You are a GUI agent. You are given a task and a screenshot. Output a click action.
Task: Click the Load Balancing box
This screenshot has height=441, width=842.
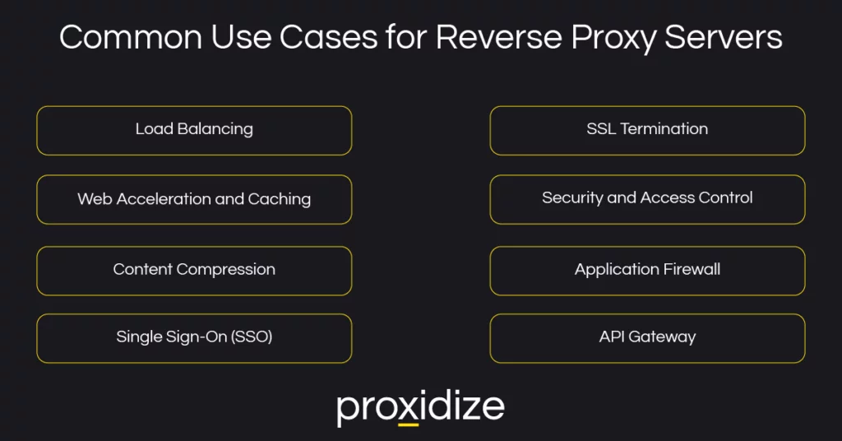(194, 130)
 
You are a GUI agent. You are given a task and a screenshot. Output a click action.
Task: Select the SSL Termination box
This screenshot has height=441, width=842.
(647, 130)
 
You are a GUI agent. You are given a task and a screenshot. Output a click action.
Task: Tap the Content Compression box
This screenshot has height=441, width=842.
(194, 270)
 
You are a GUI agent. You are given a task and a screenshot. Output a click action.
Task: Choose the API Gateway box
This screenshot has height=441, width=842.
(647, 337)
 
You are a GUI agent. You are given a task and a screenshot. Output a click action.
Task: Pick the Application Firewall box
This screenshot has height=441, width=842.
(647, 270)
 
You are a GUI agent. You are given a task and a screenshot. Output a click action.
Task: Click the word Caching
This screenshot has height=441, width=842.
(280, 200)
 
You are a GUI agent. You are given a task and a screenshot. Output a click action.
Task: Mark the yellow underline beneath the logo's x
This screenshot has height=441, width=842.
(408, 424)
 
